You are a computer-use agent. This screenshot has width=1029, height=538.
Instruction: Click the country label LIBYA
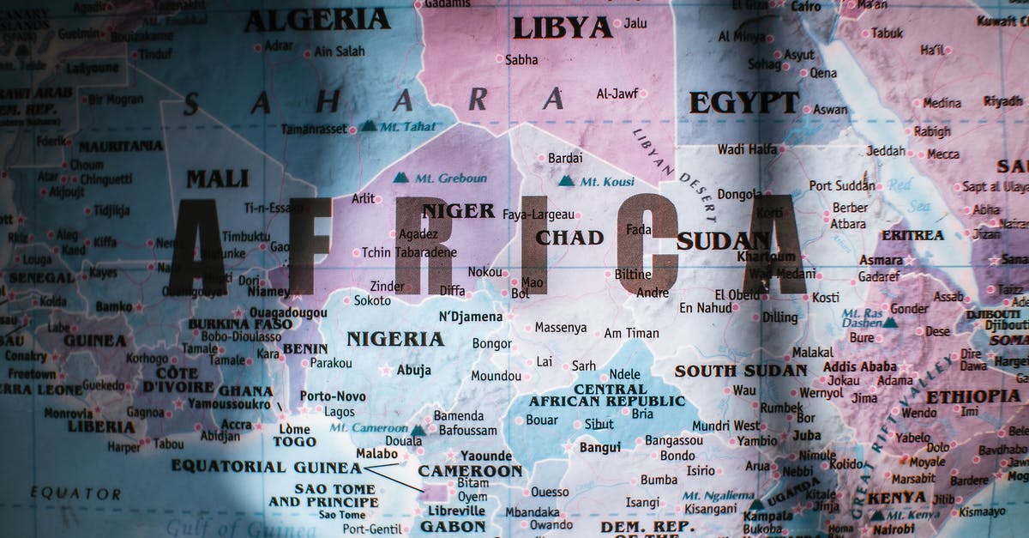click(x=563, y=28)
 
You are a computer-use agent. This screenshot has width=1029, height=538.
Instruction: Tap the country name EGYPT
click(x=743, y=103)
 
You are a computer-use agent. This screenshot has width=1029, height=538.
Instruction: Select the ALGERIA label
click(x=316, y=20)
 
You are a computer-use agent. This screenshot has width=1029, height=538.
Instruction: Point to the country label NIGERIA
click(x=394, y=339)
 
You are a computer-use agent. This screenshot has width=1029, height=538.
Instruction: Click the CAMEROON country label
click(x=470, y=471)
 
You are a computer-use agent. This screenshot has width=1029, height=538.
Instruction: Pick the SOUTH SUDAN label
click(x=741, y=371)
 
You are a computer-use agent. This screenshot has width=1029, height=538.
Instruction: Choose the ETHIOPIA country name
click(x=973, y=396)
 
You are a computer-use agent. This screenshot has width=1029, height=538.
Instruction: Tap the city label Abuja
click(x=413, y=371)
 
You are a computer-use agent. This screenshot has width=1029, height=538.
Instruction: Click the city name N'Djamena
click(x=471, y=317)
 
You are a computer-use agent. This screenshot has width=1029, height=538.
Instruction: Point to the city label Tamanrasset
click(x=314, y=129)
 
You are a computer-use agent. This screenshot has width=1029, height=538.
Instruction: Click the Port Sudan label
click(x=842, y=185)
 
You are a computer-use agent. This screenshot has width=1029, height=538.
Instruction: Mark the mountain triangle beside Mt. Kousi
click(x=566, y=181)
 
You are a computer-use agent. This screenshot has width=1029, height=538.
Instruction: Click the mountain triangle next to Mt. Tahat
click(x=368, y=126)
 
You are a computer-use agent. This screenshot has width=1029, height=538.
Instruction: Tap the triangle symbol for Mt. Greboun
click(x=400, y=178)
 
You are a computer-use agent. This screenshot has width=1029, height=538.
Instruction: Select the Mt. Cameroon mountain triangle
click(x=418, y=430)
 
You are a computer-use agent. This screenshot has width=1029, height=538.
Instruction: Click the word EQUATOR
click(x=75, y=493)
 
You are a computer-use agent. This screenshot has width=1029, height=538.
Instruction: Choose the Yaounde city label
click(x=485, y=456)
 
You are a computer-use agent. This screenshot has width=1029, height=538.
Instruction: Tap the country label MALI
click(x=218, y=179)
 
